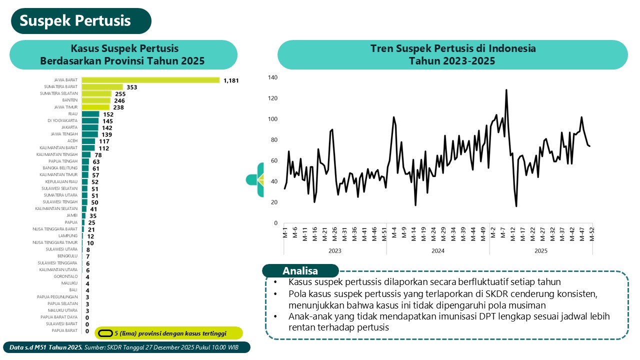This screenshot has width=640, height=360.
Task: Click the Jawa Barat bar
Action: coord(150,80)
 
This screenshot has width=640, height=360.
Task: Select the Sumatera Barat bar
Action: coord(102,87)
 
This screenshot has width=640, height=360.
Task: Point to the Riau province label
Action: coord(73,114)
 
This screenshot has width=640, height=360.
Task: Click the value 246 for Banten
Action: coord(119,100)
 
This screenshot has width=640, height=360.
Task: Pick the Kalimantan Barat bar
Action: coord(88,148)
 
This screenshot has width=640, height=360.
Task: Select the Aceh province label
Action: coord(72,141)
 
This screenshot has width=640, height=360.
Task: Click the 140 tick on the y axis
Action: coord(272,77)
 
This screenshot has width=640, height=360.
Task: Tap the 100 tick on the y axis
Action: coord(272,119)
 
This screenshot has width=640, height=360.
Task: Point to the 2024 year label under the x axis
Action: coord(438,250)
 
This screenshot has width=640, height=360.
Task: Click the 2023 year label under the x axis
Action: coord(334,250)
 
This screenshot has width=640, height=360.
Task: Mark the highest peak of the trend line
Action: coord(506,90)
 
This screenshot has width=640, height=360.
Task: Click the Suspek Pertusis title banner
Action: coord(75,21)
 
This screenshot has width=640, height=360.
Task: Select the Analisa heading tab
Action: coord(300,271)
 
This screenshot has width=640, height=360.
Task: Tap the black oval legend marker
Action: coord(105,333)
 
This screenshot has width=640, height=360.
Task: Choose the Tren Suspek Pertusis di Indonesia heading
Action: coord(452,48)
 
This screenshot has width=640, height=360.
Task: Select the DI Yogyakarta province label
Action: coord(63,121)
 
